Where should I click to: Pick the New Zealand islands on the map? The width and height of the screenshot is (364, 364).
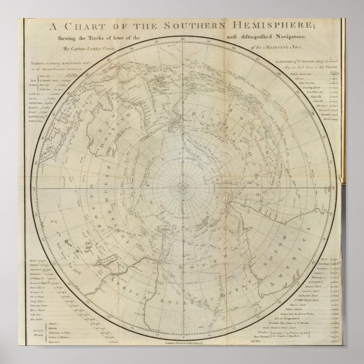click(179, 121)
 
